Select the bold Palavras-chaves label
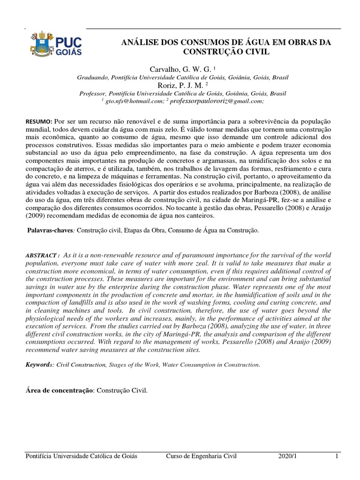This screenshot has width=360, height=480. [49, 231]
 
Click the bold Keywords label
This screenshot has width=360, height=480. [38, 364]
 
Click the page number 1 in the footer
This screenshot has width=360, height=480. [337, 456]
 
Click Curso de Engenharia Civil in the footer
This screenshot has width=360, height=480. [202, 456]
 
